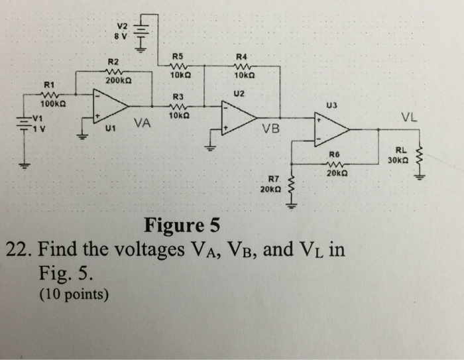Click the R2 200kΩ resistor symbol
tap(112, 73)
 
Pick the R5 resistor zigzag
tap(178, 66)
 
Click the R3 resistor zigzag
tap(179, 106)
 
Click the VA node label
tap(143, 123)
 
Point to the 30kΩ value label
tap(400, 160)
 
